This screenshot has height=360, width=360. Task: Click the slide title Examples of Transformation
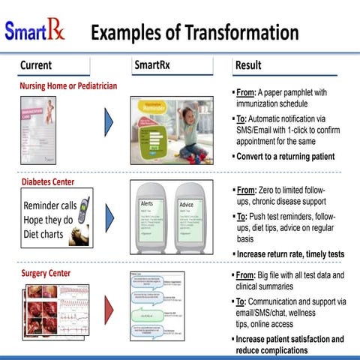194,32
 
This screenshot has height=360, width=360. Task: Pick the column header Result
248,66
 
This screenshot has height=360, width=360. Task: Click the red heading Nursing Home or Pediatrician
68,86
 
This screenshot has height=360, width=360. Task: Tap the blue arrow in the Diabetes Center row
109,217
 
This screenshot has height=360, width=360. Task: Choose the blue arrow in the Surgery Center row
109,307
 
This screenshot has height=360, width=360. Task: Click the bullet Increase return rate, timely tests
289,254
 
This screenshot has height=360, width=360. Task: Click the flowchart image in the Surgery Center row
157,307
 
